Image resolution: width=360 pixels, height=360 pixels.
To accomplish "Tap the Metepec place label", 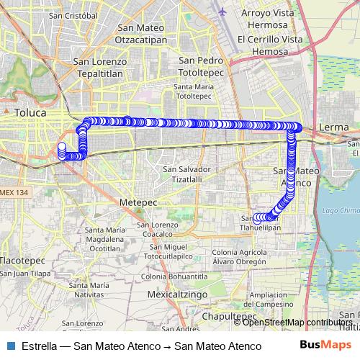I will tap(138, 202).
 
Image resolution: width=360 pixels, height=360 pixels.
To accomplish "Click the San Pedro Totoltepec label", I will tap(202, 67).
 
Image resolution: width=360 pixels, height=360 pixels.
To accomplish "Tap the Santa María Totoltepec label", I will tap(192, 91).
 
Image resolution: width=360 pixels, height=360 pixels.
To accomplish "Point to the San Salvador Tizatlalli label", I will tap(186, 174).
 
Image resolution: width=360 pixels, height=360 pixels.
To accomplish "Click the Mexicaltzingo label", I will tap(176, 294).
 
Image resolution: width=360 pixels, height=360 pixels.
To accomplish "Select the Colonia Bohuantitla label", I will tap(174, 276).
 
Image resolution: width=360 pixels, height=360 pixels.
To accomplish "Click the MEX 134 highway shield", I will tap(14, 192).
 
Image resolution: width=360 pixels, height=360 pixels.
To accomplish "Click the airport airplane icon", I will tap(222, 12).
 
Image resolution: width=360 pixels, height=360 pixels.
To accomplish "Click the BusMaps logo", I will tap(325, 346).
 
